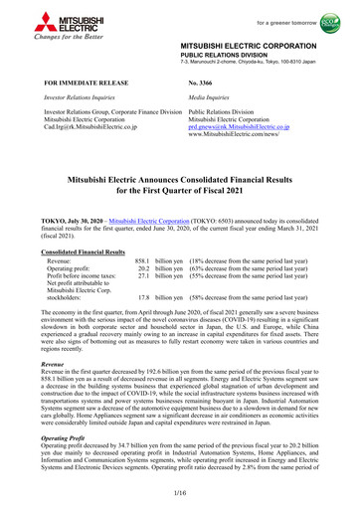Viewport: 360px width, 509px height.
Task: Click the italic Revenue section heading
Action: point(46,392)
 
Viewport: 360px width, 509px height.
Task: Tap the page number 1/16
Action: point(179,494)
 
